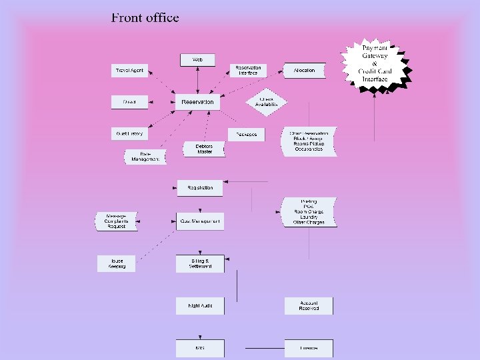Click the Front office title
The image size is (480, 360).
coord(145,18)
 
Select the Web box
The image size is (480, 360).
coord(198,60)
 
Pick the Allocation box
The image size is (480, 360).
coord(304,70)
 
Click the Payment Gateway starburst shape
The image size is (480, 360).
coord(375,63)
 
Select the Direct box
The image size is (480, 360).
coord(129,102)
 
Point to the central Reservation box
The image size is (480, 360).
coord(198,102)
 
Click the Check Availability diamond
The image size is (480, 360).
coord(266,101)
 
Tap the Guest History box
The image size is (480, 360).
coord(129,133)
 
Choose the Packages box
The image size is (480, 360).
coord(246,134)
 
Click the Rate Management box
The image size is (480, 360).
coord(145,157)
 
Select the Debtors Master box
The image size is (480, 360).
coord(205,149)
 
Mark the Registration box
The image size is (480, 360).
coord(200,188)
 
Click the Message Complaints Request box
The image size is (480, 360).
coord(116,221)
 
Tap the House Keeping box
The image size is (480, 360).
coord(116,263)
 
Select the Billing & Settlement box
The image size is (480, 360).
coord(200,263)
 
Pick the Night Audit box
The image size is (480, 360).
coord(200,305)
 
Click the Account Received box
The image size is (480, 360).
coord(308,305)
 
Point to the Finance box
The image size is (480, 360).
coord(308,348)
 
